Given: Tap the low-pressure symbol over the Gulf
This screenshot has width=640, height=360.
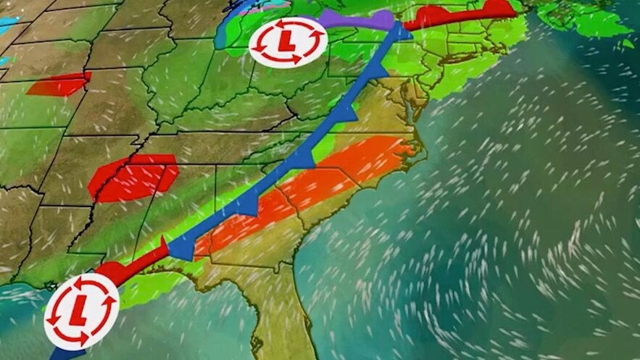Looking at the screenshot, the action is tap(80, 310).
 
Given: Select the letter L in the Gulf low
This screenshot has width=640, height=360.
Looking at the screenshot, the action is tap(80, 310).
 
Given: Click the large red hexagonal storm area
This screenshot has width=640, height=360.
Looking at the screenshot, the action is tap(133, 177).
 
